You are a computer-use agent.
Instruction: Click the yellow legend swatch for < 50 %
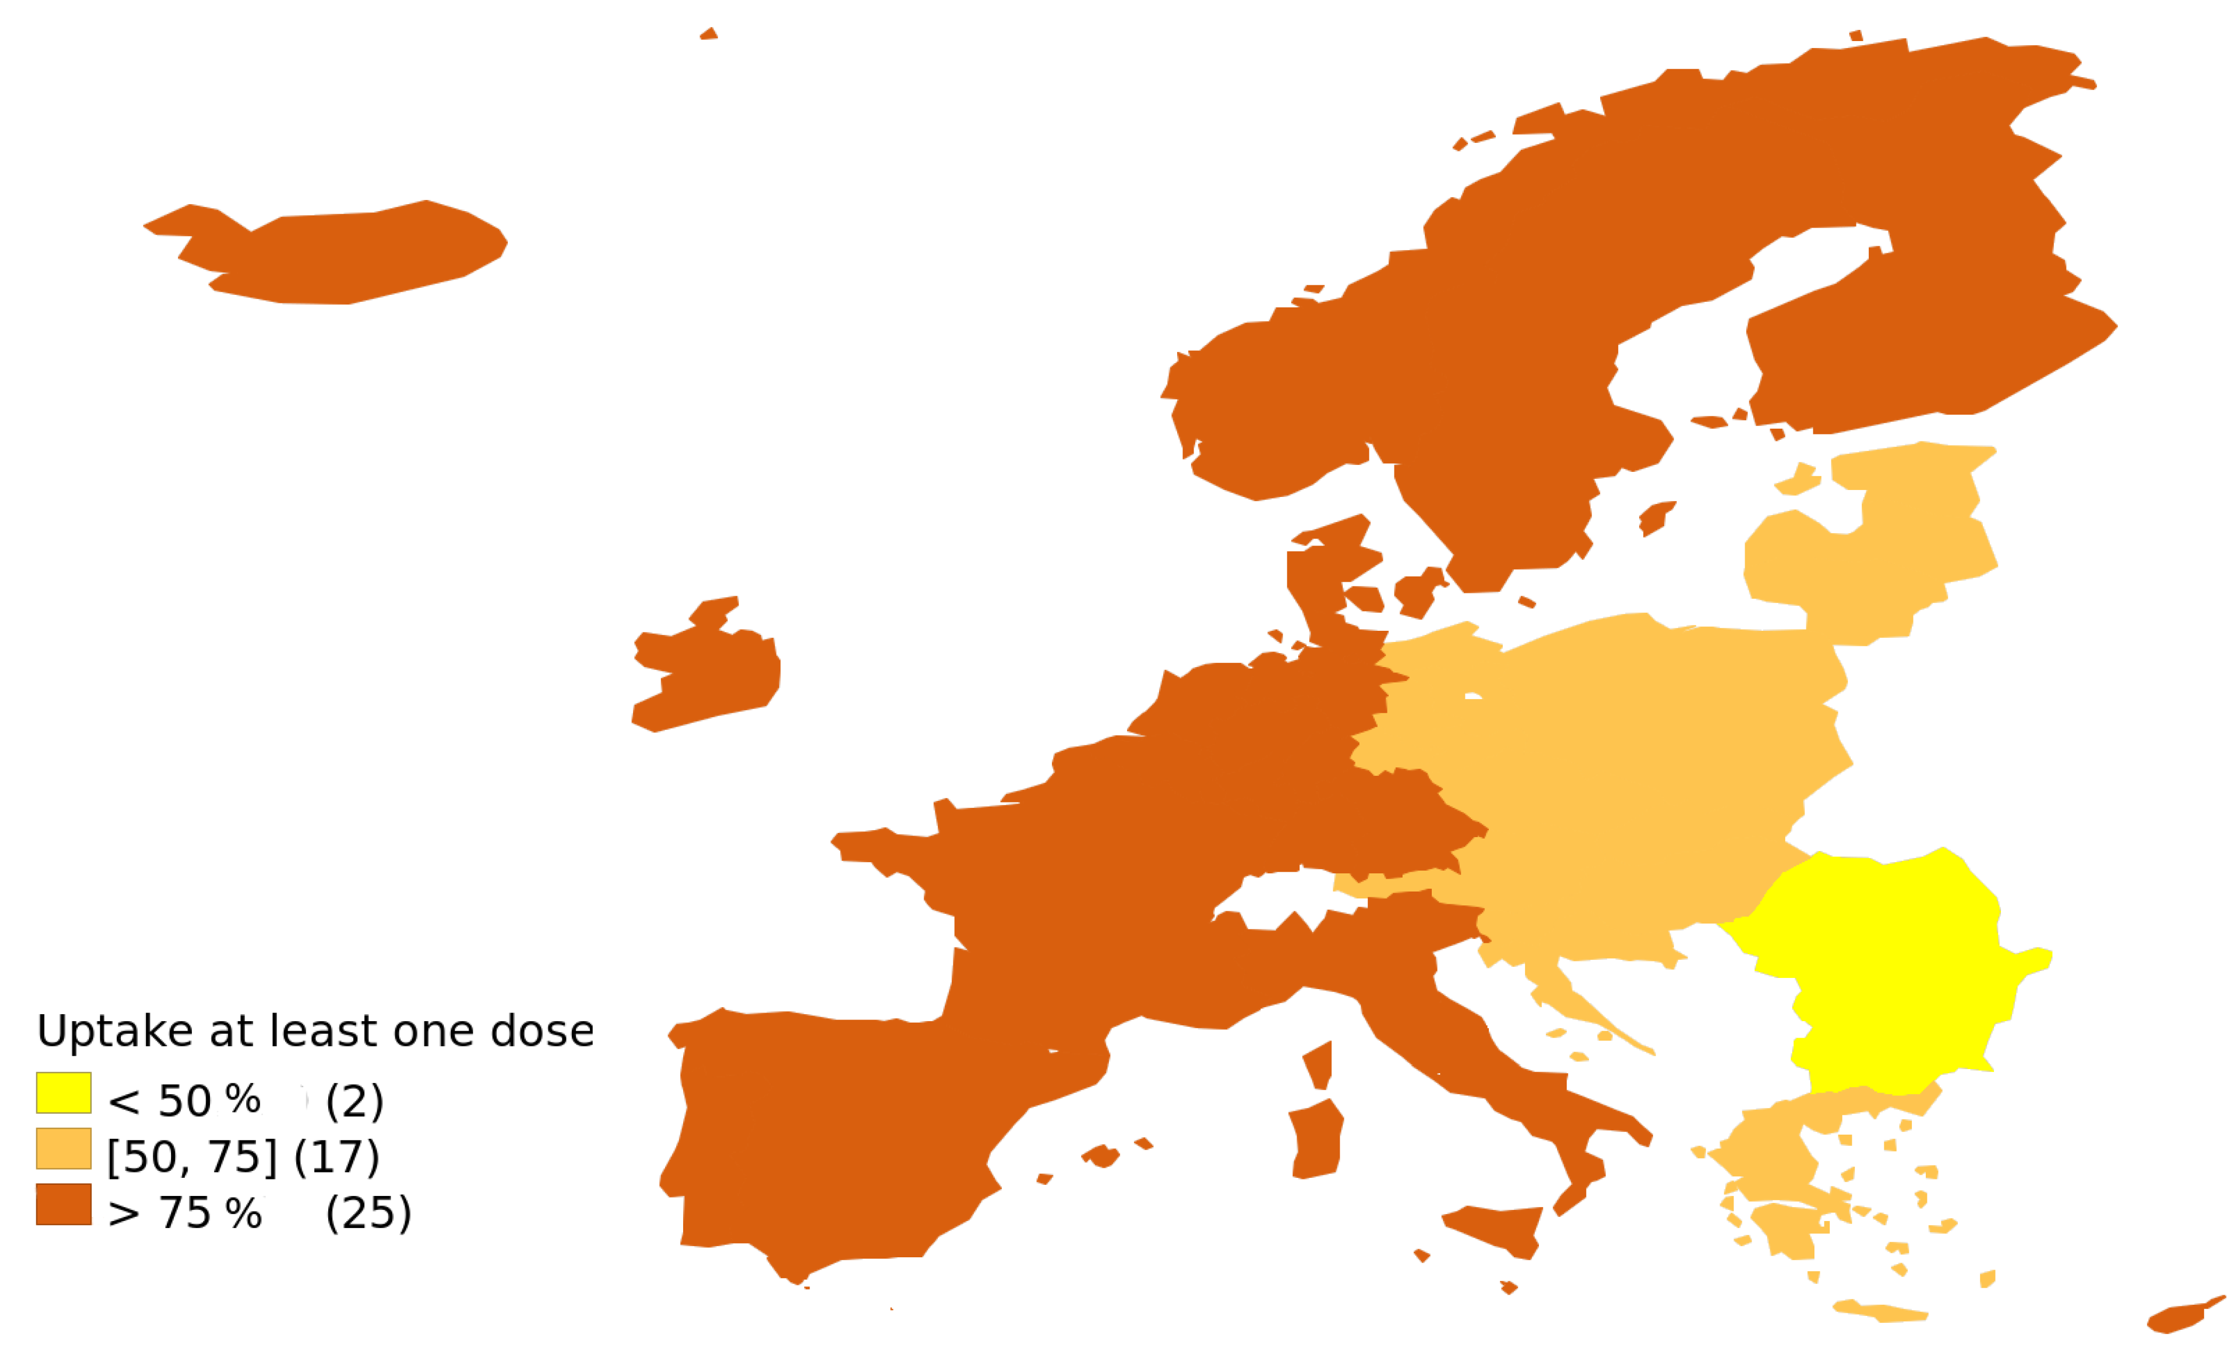click(63, 1092)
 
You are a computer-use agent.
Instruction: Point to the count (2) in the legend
click(354, 1101)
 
